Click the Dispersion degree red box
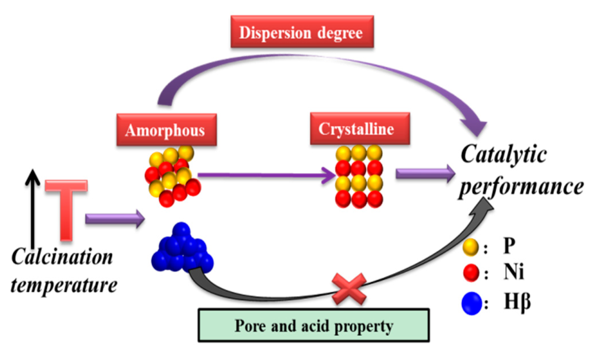click(302, 32)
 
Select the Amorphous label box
click(166, 130)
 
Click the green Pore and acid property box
click(314, 325)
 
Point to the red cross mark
click(349, 289)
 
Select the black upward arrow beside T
click(33, 208)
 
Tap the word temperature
click(64, 285)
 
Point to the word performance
click(521, 187)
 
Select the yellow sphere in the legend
click(470, 247)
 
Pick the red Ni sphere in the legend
click(471, 273)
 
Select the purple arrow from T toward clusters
click(114, 219)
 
